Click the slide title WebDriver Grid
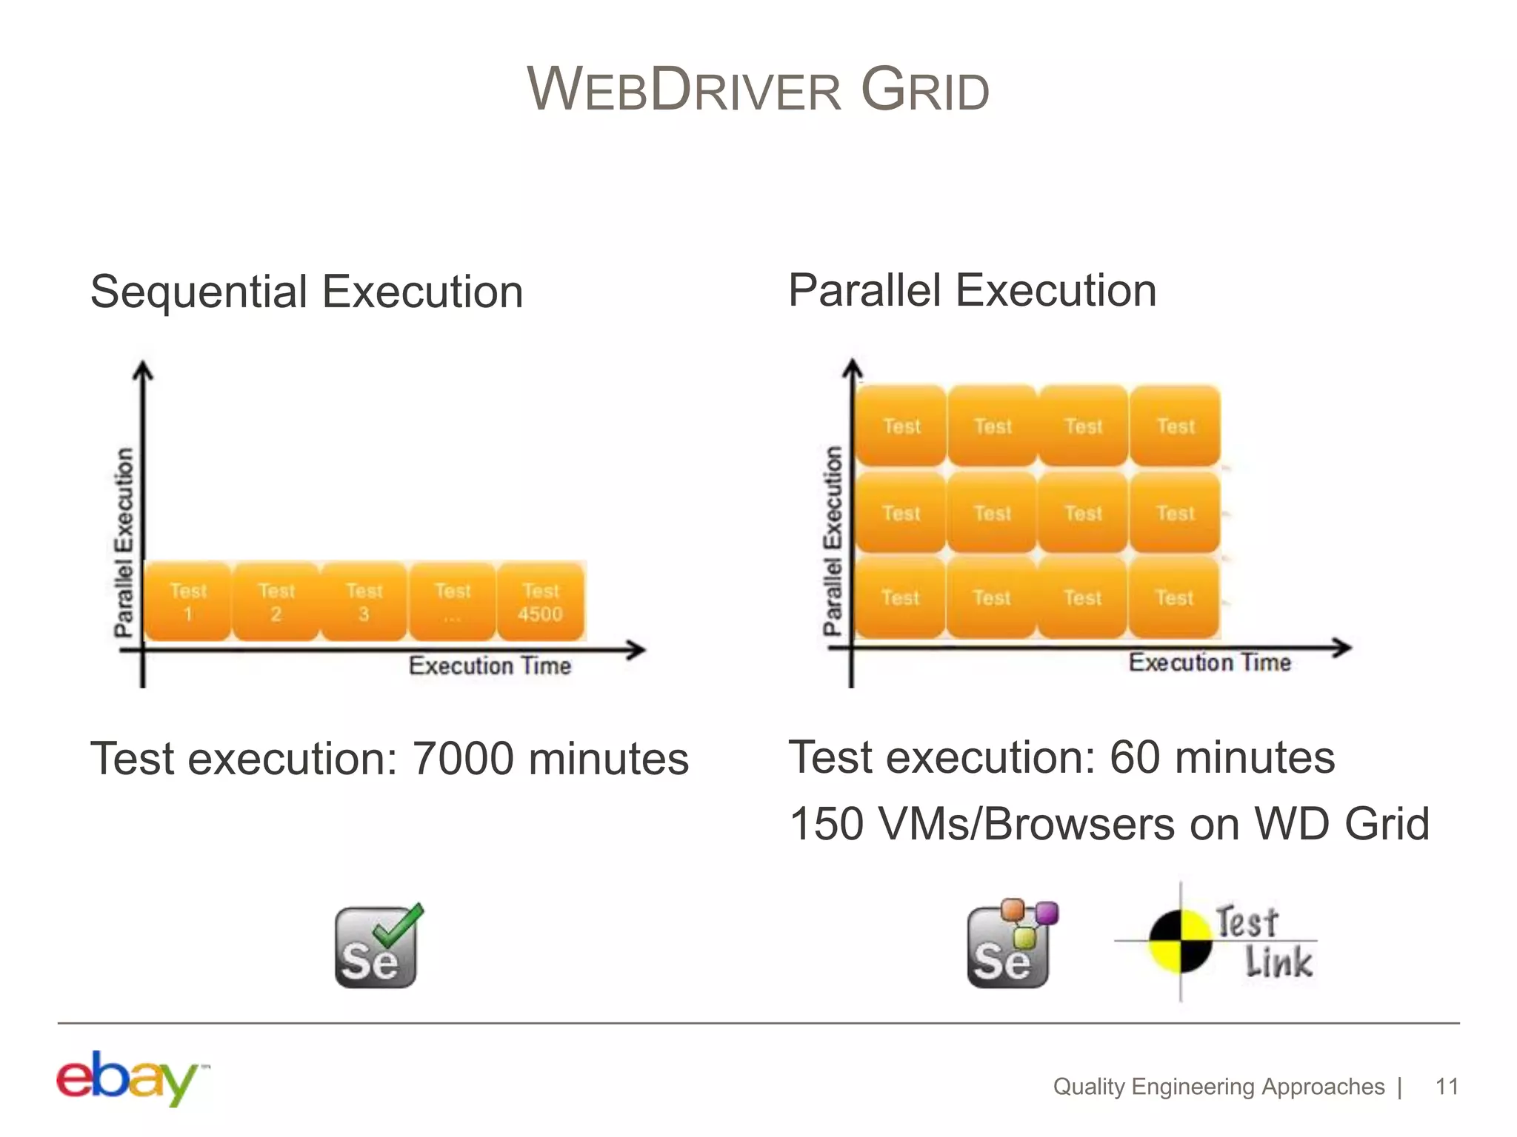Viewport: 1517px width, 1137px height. tap(758, 90)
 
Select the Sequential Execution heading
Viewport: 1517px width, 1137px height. tap(307, 292)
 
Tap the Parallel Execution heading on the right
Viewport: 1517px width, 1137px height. tap(972, 290)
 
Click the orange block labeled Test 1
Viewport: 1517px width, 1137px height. tap(187, 602)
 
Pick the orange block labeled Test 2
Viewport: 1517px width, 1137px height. tap(276, 602)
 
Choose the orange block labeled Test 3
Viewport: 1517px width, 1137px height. tap(364, 602)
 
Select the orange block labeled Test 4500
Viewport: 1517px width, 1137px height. tap(541, 602)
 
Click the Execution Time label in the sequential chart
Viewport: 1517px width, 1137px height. tap(490, 666)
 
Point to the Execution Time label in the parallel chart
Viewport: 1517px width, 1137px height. tap(1210, 663)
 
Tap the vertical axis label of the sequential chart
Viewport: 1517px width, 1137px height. tap(124, 542)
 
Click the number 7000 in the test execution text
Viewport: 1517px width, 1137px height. tap(462, 759)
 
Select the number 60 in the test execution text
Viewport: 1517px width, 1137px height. tap(1134, 758)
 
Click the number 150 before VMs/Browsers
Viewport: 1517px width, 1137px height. tap(826, 824)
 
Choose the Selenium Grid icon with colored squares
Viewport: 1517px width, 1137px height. tap(1011, 945)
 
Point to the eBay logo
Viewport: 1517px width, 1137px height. tap(130, 1078)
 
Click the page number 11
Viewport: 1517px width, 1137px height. tap(1447, 1087)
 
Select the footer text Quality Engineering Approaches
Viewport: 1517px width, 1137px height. tap(1218, 1087)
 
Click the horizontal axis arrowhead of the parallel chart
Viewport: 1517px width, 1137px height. tap(1344, 648)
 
